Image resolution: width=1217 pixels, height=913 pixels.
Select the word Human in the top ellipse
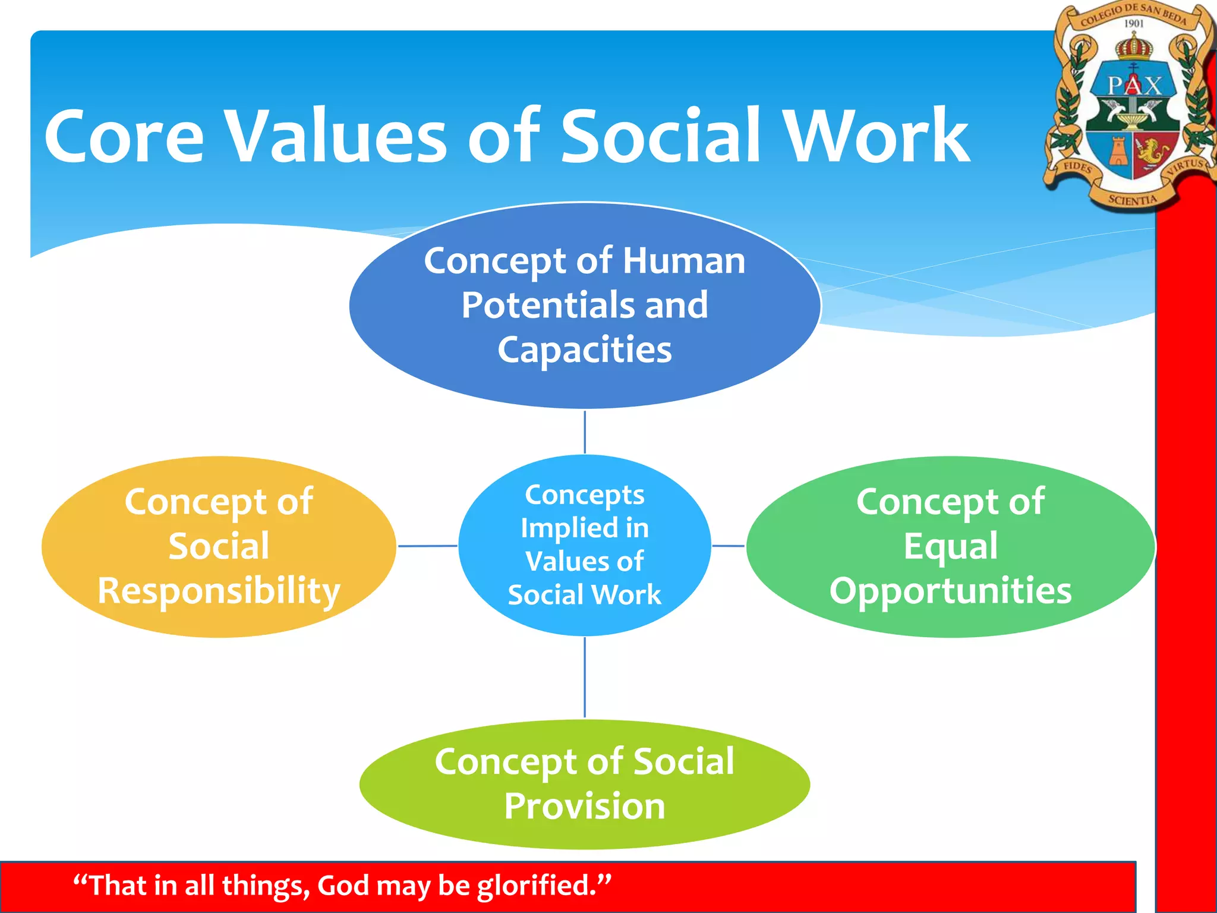click(x=683, y=261)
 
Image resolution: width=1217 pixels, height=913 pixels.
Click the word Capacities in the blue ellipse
click(x=585, y=350)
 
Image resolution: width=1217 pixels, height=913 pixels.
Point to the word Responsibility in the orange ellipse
click(x=219, y=591)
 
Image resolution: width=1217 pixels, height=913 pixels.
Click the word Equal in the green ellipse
click(x=950, y=546)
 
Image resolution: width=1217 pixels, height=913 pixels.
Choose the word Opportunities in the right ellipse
click(x=950, y=591)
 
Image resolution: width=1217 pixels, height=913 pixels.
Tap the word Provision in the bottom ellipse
click(x=585, y=807)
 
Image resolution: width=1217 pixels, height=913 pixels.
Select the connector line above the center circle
click(x=585, y=432)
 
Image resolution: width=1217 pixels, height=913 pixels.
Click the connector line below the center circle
click(x=585, y=677)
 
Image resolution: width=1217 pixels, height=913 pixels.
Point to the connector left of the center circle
click(x=427, y=546)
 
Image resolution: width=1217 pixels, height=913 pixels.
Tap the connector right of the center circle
click(x=728, y=546)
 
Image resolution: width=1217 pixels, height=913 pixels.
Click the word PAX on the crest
click(x=1133, y=86)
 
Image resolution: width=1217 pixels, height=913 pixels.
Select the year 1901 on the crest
click(x=1133, y=24)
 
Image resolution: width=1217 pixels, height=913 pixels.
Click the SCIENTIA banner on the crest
click(x=1132, y=200)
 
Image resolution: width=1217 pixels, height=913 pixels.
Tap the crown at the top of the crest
click(x=1133, y=46)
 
